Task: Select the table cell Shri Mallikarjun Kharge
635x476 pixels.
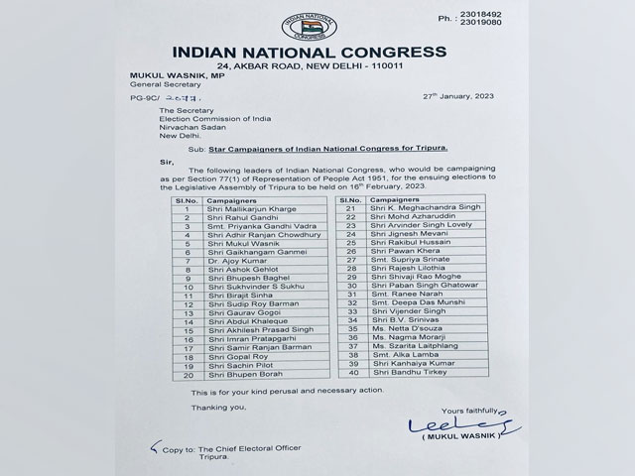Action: (234, 209)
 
